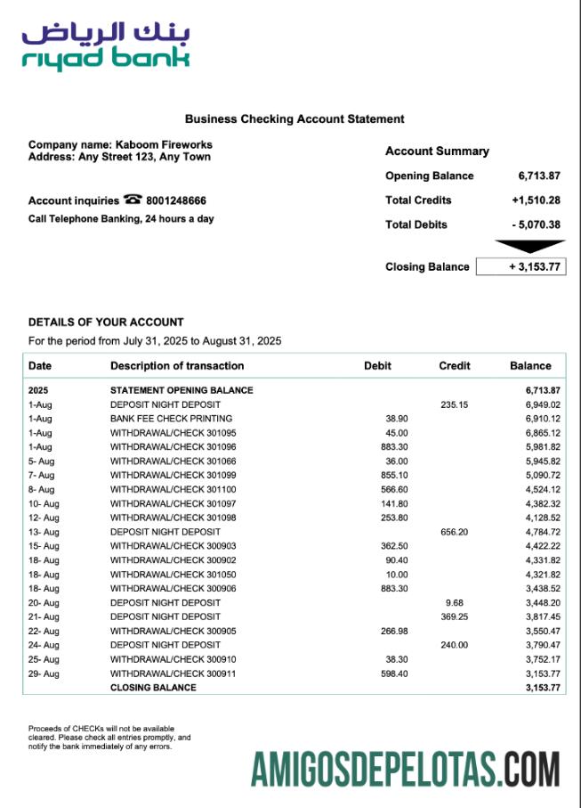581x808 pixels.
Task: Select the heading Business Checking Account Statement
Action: click(295, 118)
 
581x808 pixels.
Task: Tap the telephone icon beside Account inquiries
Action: click(133, 200)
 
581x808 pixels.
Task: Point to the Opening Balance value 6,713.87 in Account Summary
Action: click(538, 175)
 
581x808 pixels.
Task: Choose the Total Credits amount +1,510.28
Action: click(536, 200)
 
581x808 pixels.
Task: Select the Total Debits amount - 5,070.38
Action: click(536, 224)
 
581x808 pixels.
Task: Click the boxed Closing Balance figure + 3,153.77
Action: click(520, 266)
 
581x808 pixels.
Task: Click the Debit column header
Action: click(377, 365)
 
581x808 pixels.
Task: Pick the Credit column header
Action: click(455, 365)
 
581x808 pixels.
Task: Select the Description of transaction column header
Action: click(177, 365)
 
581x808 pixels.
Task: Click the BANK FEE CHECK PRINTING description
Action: click(171, 418)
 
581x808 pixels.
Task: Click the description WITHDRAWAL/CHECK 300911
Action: click(160, 673)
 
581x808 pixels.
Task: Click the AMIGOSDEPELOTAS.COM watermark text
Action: click(405, 769)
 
